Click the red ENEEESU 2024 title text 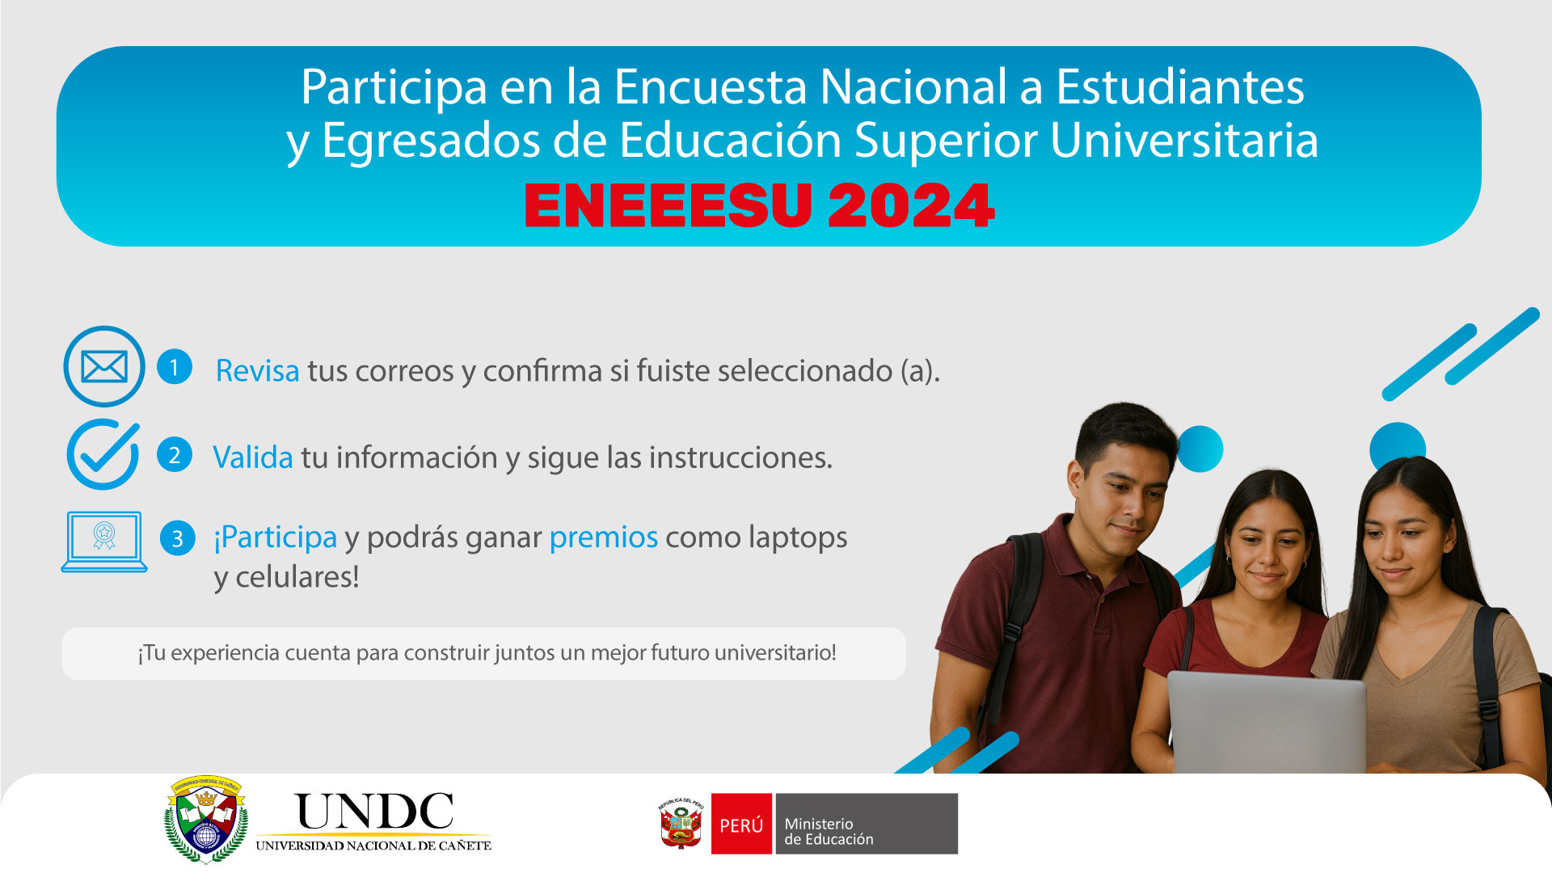pos(759,205)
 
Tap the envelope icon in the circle pos(104,366)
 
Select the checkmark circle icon pos(103,454)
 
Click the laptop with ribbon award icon pos(104,542)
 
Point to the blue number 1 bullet pos(174,367)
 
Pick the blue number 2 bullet pos(174,455)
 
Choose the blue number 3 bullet pos(177,538)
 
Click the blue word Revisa pos(257,371)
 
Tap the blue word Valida pos(252,458)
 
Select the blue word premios pos(603,538)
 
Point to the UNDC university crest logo pos(206,820)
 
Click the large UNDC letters pos(374,812)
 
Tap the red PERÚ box pos(741,824)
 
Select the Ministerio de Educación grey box pos(867,824)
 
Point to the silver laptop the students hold pos(1266,723)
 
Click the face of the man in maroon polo pos(1128,493)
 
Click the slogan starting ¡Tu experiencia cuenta pos(487,653)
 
